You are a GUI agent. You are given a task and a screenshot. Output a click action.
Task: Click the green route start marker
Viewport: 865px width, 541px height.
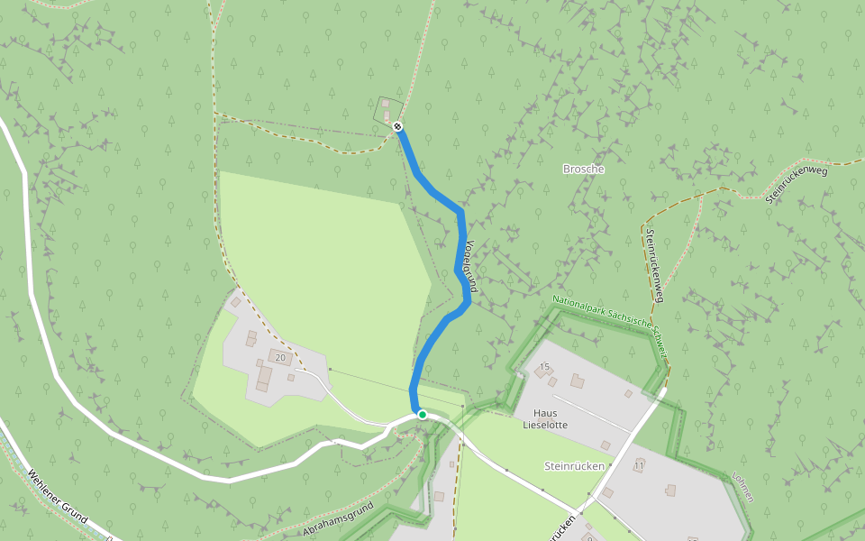422,415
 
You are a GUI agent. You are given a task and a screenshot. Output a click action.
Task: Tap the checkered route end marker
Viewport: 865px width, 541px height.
397,126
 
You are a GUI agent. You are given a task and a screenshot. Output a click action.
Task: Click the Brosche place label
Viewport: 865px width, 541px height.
583,169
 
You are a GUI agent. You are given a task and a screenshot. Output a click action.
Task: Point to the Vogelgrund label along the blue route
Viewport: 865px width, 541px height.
470,265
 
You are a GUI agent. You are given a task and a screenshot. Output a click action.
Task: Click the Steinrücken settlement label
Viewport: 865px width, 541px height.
572,466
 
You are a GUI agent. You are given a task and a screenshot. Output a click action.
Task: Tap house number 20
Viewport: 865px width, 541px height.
280,358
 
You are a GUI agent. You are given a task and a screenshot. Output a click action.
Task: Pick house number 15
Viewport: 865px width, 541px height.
543,366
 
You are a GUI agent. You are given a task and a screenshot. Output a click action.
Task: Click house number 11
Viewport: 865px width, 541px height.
639,466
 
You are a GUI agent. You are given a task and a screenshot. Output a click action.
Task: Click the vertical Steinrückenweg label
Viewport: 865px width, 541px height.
655,265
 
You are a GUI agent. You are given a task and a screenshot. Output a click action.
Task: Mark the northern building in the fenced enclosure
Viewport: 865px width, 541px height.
387,105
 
